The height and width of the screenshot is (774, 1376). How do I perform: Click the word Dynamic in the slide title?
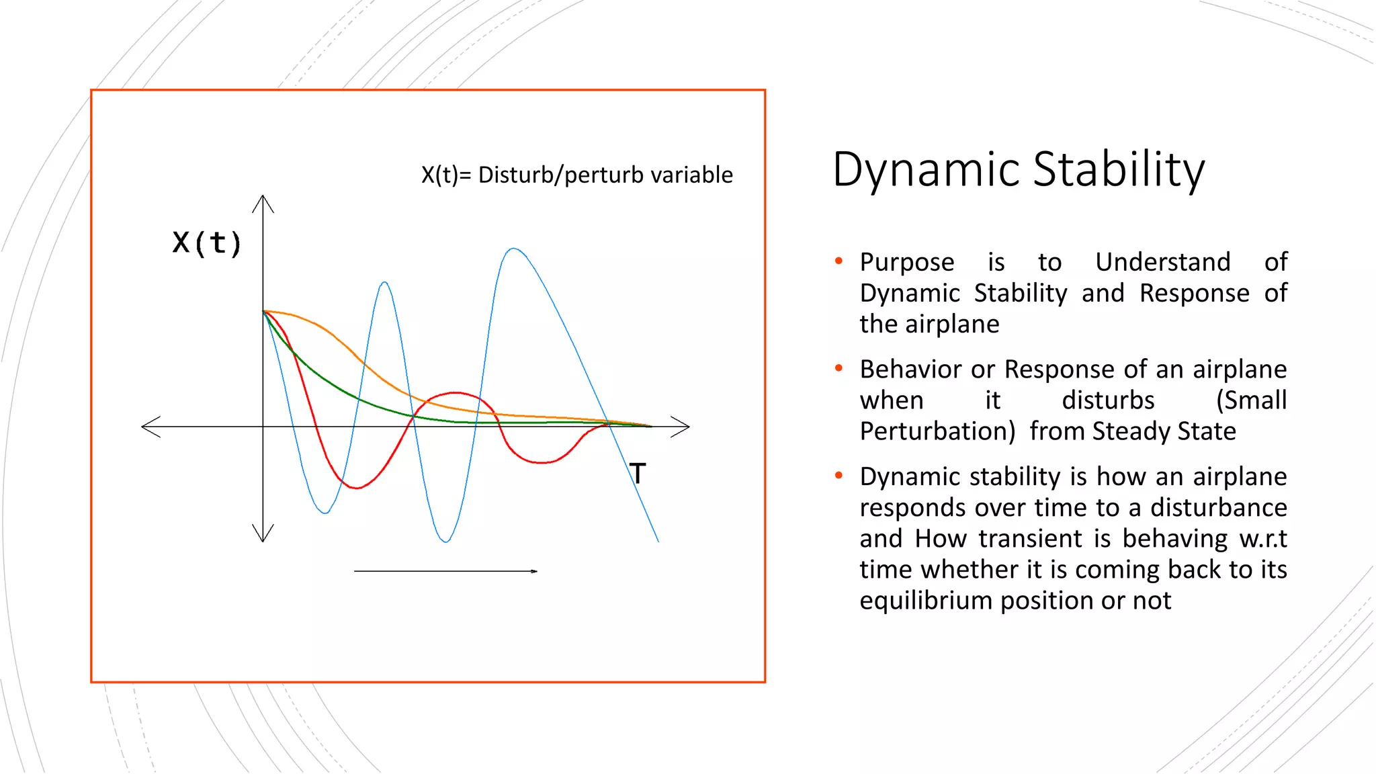pyautogui.click(x=927, y=170)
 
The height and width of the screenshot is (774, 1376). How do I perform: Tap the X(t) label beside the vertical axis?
pyautogui.click(x=206, y=243)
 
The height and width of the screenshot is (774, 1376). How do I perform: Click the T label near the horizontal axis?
pyautogui.click(x=638, y=474)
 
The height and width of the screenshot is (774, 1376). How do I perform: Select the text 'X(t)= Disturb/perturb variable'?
pyautogui.click(x=576, y=175)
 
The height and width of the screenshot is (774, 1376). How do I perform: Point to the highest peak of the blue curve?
pyautogui.click(x=514, y=249)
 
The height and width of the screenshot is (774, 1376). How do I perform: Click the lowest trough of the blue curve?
pyautogui.click(x=446, y=541)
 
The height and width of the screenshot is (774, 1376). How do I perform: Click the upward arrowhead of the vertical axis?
pyautogui.click(x=263, y=202)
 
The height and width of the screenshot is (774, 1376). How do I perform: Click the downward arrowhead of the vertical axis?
pyautogui.click(x=263, y=535)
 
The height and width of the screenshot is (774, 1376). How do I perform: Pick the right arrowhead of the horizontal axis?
pyautogui.click(x=682, y=427)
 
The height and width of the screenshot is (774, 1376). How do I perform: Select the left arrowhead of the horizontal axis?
pyautogui.click(x=149, y=427)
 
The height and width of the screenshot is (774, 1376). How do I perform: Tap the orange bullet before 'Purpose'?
pyautogui.click(x=838, y=261)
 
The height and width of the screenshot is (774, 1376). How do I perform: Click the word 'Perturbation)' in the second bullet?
pyautogui.click(x=937, y=431)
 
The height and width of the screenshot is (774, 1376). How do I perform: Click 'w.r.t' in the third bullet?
pyautogui.click(x=1262, y=539)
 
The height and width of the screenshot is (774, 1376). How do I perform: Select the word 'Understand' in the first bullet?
pyautogui.click(x=1162, y=262)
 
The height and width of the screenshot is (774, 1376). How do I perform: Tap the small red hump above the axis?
pyautogui.click(x=456, y=393)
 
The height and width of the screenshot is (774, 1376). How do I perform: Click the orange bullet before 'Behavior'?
pyautogui.click(x=838, y=368)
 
